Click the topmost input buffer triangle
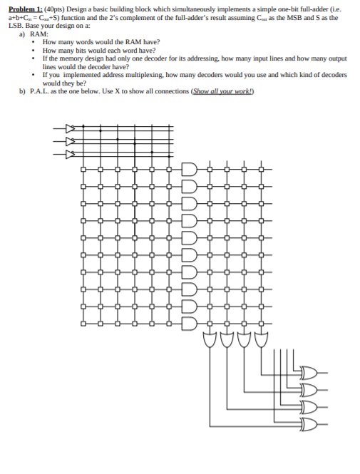tap(69, 129)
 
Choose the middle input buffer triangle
tap(69, 140)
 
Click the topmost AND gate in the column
tap(188, 170)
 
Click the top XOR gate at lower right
tap(309, 371)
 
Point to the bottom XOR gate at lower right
tap(309, 425)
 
